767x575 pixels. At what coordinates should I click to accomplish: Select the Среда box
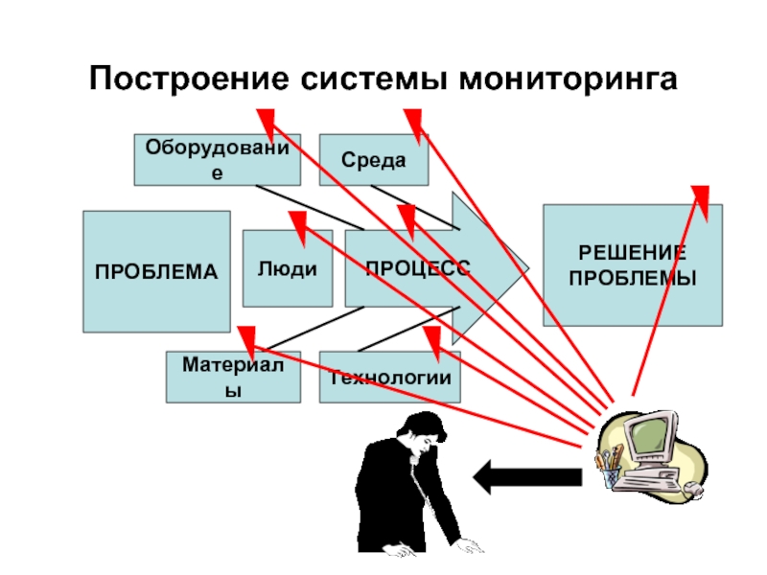pyautogui.click(x=373, y=159)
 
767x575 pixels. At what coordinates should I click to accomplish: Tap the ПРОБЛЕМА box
pyautogui.click(x=156, y=271)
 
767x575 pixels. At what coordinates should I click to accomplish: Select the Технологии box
pyautogui.click(x=389, y=376)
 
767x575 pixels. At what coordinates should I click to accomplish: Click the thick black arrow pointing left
pyautogui.click(x=528, y=475)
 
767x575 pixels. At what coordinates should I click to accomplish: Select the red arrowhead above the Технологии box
pyautogui.click(x=432, y=340)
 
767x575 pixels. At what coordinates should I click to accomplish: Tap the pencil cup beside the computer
pyautogui.click(x=611, y=471)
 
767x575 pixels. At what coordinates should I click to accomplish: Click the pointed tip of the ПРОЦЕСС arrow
pyautogui.click(x=526, y=269)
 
